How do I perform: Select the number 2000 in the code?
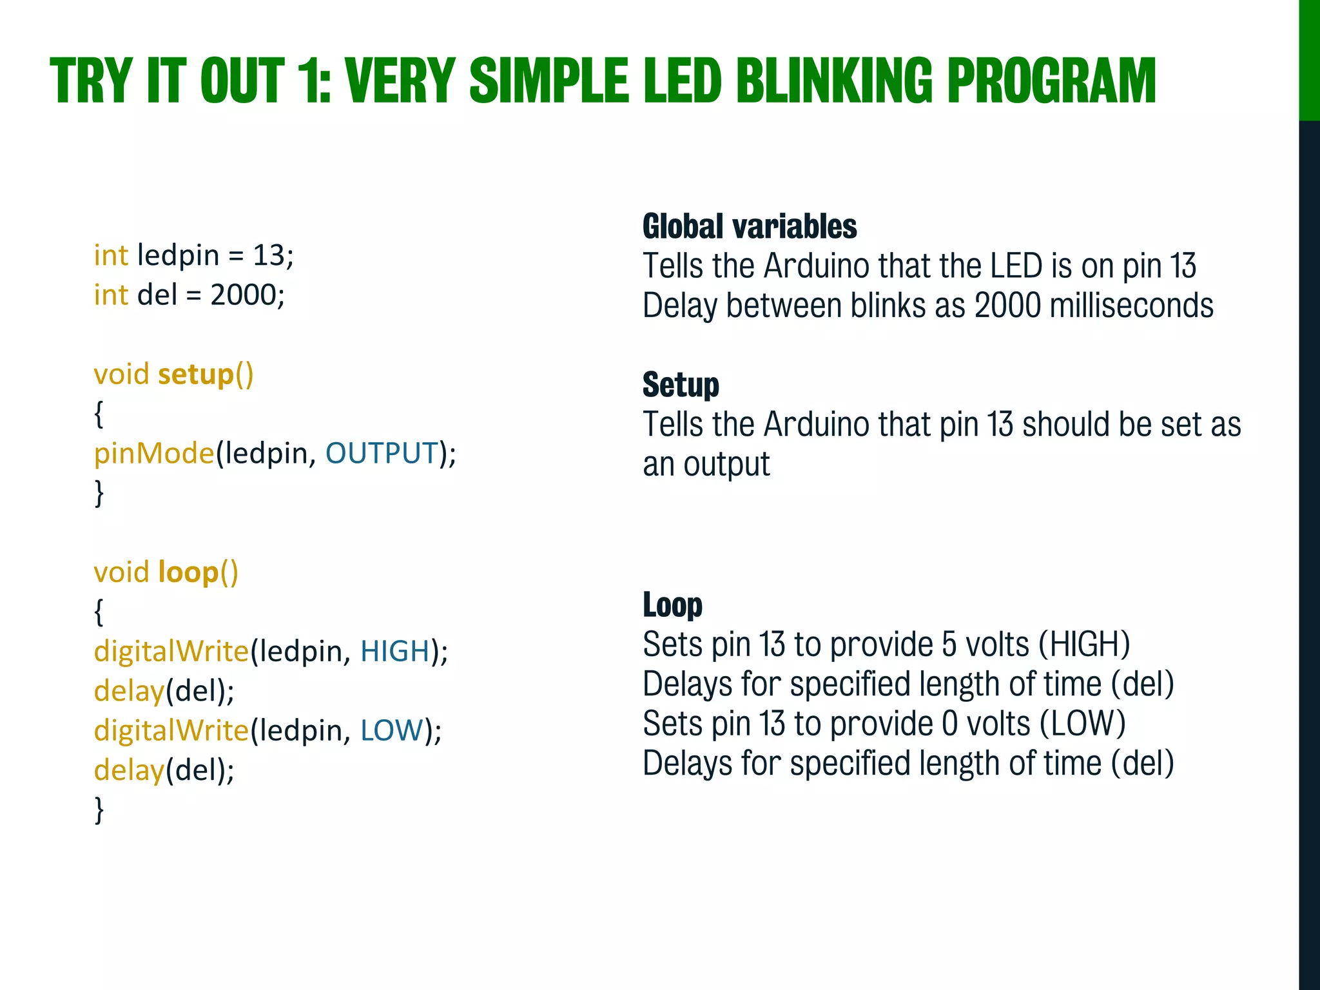243,295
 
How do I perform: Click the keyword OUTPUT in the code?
382,453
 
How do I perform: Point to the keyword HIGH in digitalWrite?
394,651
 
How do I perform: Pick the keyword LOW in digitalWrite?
391,730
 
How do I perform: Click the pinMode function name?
153,453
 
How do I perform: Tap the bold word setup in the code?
195,374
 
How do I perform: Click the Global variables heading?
750,227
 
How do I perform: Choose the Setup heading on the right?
681,385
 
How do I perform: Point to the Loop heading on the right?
672,605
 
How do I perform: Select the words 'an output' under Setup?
706,465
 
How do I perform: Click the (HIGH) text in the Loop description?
1084,645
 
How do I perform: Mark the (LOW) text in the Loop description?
1083,724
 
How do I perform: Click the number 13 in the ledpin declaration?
268,256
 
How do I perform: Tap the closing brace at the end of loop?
99,810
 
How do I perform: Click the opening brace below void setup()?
99,414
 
